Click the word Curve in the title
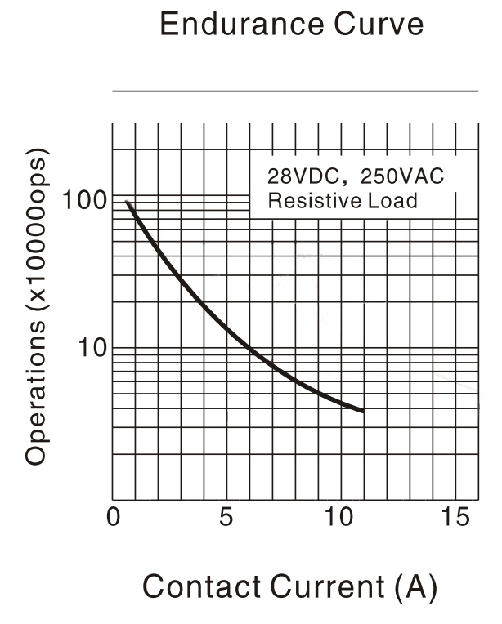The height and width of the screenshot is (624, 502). pos(379,25)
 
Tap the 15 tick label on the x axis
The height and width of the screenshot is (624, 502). pos(454,519)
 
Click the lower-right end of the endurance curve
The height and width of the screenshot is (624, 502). pos(362,410)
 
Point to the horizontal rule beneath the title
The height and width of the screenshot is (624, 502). pos(295,91)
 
